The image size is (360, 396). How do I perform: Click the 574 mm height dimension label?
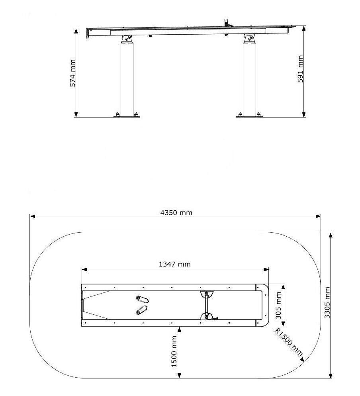coord(73,73)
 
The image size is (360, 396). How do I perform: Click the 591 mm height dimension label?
coord(300,69)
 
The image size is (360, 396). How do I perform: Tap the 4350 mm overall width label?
coord(176,213)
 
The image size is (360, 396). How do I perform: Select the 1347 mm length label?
coord(175,265)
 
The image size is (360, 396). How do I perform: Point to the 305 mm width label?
coord(278,306)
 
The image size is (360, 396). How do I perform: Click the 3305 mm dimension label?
coord(327,302)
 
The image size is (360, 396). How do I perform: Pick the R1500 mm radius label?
coord(289,342)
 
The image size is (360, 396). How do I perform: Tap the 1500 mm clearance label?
coord(174,351)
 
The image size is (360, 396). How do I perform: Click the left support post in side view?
coord(127,80)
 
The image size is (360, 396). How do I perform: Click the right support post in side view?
coord(249,80)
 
